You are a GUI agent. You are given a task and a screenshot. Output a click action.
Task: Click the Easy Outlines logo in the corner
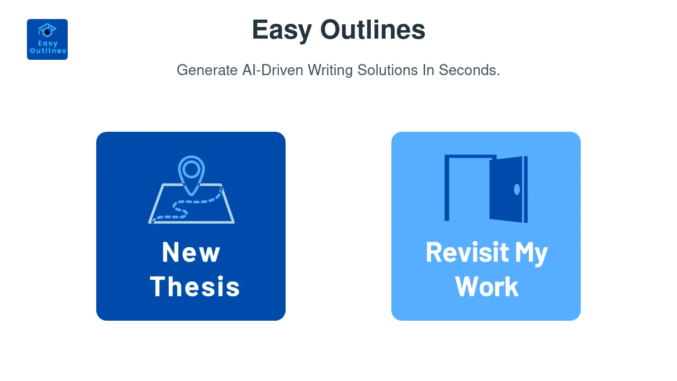[47, 40]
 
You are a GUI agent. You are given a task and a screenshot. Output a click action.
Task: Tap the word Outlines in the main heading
[373, 30]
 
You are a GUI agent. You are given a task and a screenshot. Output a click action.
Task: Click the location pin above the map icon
[191, 170]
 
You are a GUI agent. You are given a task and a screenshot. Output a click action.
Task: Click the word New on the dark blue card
[191, 252]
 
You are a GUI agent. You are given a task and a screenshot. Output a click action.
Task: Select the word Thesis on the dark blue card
[195, 286]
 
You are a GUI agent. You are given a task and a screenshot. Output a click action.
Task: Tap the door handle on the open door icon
[517, 189]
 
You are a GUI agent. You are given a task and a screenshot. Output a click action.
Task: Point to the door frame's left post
[447, 188]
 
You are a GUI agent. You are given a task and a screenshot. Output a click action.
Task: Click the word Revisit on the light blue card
[460, 252]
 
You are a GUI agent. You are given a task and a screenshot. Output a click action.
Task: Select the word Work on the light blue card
[487, 286]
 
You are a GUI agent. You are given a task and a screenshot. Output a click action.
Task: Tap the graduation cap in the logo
[47, 30]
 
